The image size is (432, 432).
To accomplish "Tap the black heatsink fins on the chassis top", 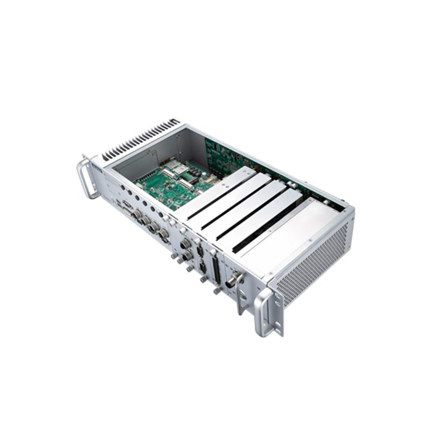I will coord(140,138).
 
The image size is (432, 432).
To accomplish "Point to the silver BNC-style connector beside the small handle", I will coord(232,280).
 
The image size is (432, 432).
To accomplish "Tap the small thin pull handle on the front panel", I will coord(240,294).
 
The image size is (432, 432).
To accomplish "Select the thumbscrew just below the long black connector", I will coord(217,290).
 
